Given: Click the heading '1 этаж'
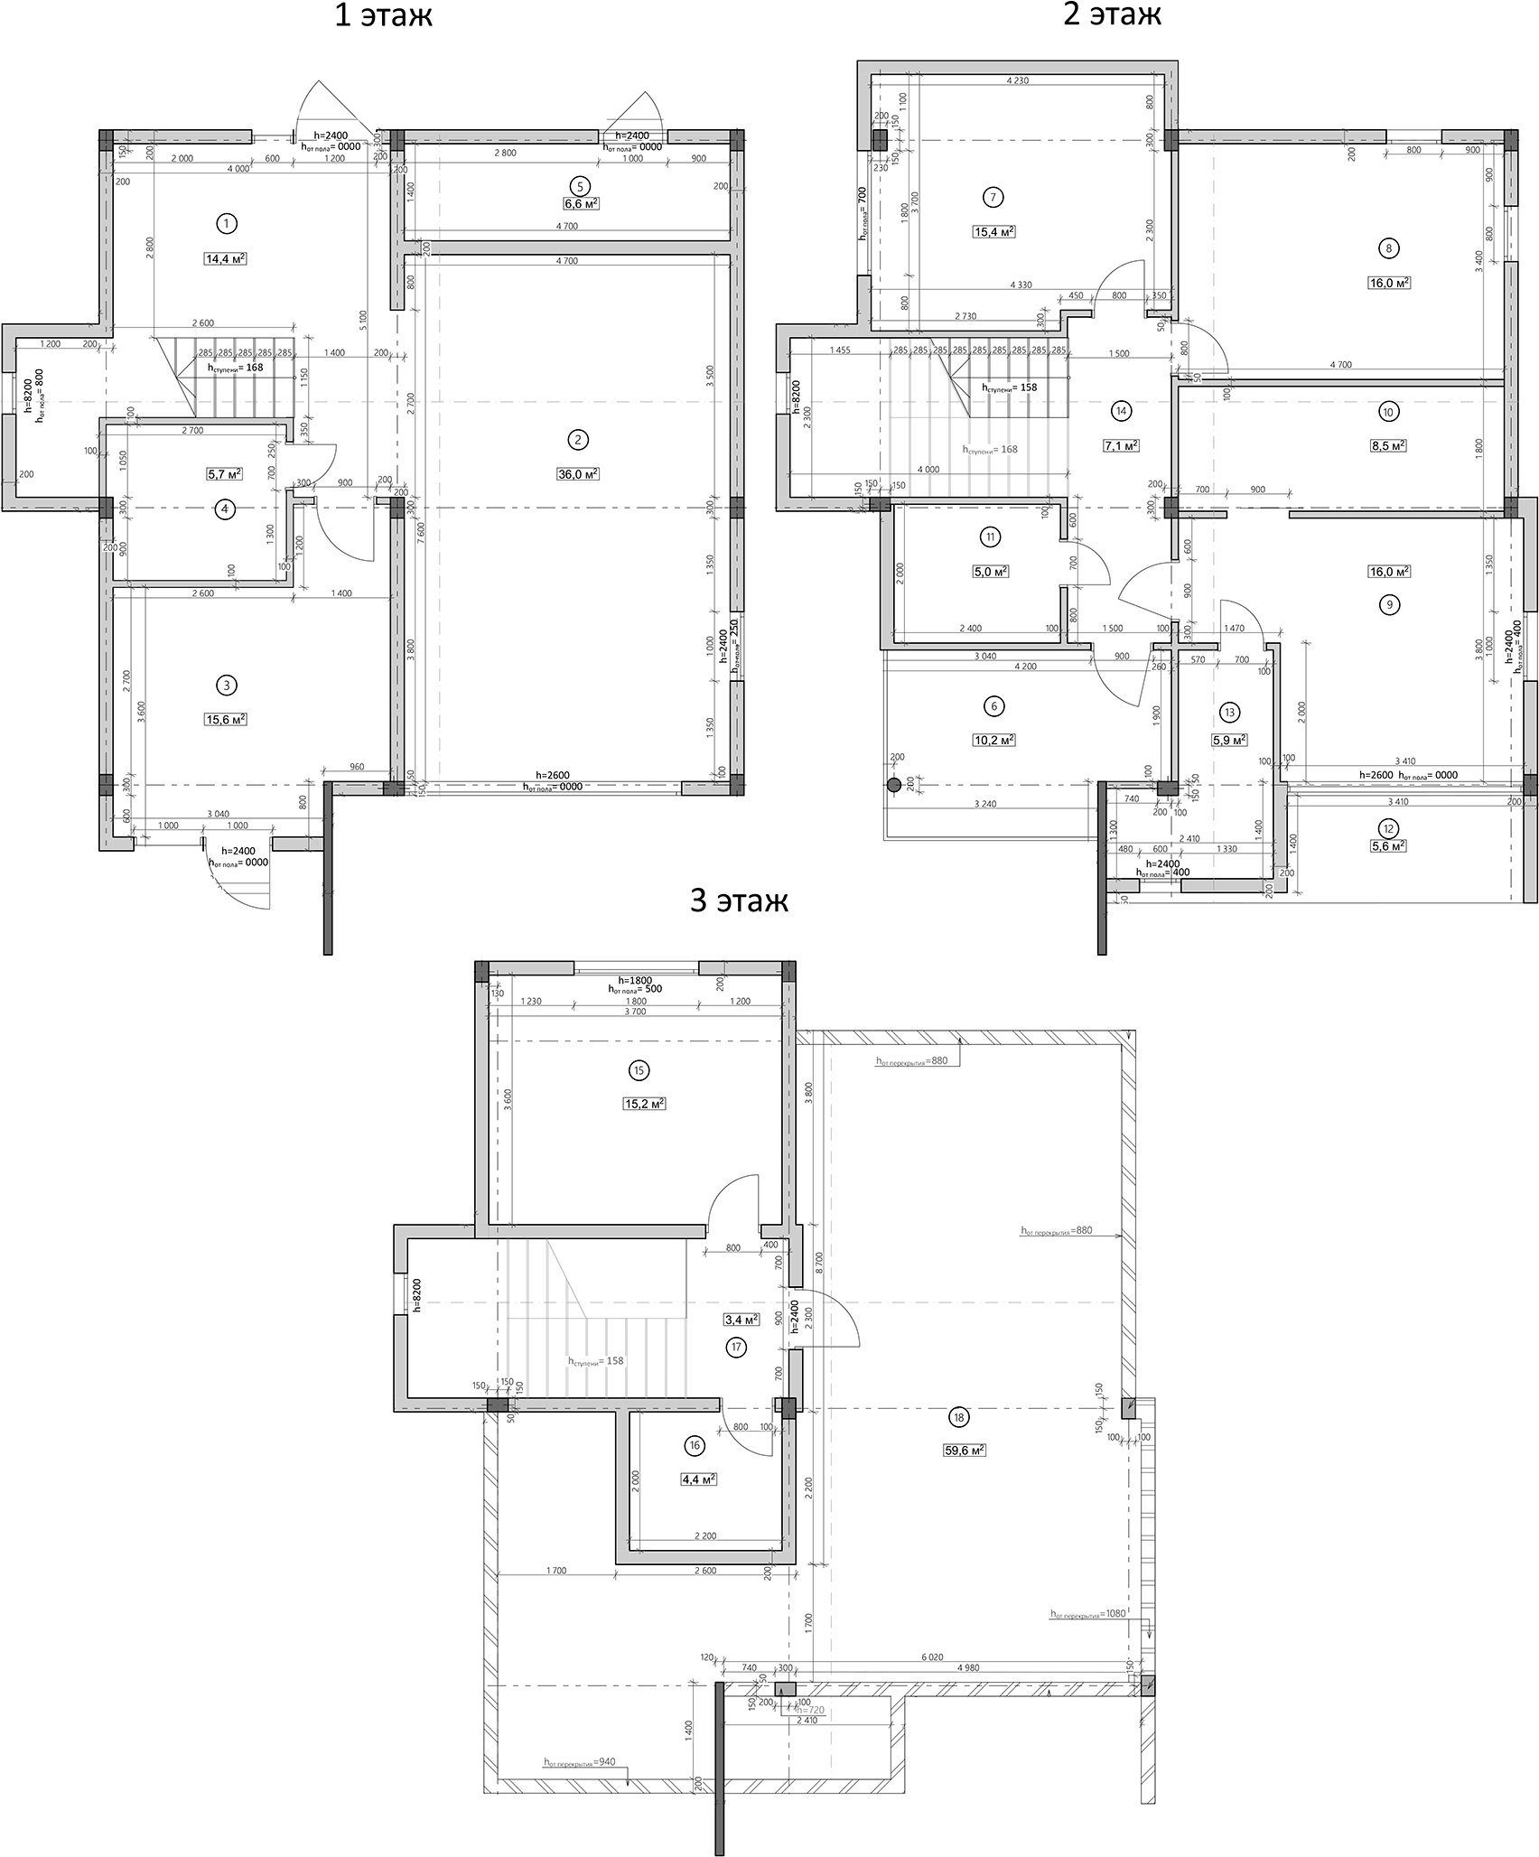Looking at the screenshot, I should pos(383,16).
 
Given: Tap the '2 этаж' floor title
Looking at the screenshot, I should pos(1112,14).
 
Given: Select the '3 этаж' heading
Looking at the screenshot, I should pos(739,901).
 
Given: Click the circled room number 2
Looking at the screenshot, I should pos(577,440).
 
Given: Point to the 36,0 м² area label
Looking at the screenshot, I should pos(577,474).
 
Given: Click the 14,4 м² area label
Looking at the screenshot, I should pos(226,258).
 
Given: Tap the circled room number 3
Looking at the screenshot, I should pos(227,686).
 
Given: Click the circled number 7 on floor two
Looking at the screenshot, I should pos(993,197).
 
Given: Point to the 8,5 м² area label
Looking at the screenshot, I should pos(1388,445).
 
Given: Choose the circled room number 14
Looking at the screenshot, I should pos(1122,411).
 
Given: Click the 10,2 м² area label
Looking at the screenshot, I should pos(993,740).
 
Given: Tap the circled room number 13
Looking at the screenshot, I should pos(1229,713).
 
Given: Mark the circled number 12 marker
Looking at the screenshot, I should pos(1388,827).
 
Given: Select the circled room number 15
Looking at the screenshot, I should pos(639,1070).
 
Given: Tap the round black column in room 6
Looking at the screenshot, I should pos(894,785).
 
